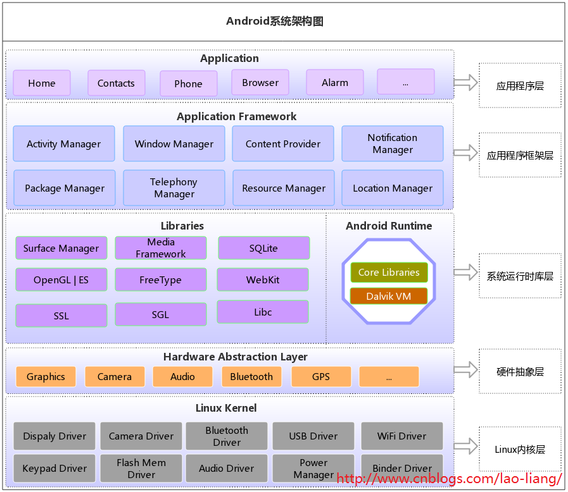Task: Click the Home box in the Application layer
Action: tap(42, 83)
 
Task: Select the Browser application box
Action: tap(260, 82)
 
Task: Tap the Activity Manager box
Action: tap(64, 144)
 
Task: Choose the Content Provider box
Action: tap(283, 144)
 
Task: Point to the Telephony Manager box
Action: tap(174, 188)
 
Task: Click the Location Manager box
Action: tap(393, 188)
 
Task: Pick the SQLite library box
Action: tap(264, 248)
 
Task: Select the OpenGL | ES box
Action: tap(61, 280)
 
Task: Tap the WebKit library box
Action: tap(263, 280)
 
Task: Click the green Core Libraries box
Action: tap(389, 273)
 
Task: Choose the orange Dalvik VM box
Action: tap(389, 296)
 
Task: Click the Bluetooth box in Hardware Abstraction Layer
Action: tap(251, 376)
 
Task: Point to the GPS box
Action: tap(321, 376)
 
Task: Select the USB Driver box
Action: tap(313, 436)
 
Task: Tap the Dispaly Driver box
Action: tap(54, 436)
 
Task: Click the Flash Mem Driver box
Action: tap(141, 469)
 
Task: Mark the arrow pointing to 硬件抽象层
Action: tap(465, 370)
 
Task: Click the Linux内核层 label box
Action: tap(520, 450)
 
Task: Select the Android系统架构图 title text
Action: tap(275, 21)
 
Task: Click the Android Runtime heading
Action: tap(389, 226)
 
